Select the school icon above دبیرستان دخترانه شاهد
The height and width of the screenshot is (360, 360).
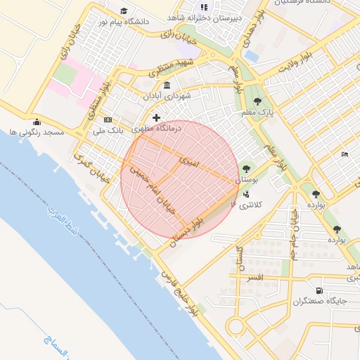pos(204,6)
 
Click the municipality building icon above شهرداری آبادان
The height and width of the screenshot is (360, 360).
pos(167,86)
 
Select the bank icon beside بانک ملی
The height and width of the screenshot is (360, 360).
pos(108,119)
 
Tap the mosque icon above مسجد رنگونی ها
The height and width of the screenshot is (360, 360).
pos(36,121)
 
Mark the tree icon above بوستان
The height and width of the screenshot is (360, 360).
pos(245,169)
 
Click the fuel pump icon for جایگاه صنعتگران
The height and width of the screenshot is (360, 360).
pos(320,290)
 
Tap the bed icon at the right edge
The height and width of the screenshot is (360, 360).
pos(344,154)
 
